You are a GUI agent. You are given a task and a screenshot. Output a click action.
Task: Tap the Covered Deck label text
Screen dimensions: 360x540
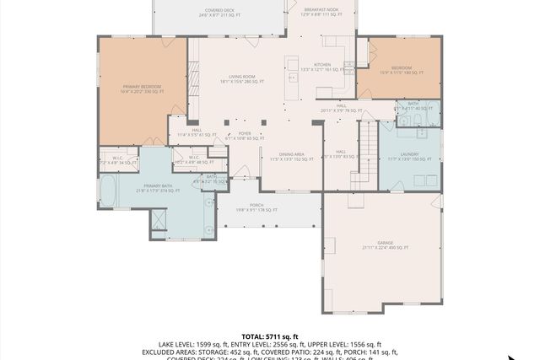[x=195, y=13]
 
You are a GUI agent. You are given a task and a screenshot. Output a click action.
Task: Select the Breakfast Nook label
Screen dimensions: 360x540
[x=322, y=12]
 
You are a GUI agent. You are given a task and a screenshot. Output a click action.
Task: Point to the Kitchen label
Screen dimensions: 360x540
[x=322, y=67]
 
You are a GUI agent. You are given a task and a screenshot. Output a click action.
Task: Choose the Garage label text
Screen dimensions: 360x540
[x=385, y=245]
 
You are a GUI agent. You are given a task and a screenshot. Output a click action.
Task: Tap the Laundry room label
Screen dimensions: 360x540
[x=409, y=156]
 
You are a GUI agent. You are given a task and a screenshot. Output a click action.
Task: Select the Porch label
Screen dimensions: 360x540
[x=256, y=207]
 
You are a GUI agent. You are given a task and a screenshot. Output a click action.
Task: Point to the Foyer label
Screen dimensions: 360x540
[x=244, y=135]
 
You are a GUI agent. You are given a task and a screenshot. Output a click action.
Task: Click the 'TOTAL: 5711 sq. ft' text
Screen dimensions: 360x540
[x=270, y=336]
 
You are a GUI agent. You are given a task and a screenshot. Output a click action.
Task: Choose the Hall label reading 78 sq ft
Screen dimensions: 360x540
[x=341, y=108]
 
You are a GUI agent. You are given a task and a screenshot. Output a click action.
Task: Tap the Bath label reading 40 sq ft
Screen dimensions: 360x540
[x=413, y=106]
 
